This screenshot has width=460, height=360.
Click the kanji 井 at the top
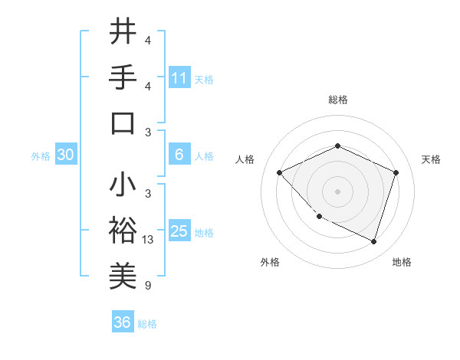[x=123, y=32]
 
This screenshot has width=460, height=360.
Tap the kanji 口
[x=123, y=123]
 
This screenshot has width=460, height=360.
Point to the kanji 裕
[x=123, y=231]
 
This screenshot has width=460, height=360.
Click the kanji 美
[x=123, y=276]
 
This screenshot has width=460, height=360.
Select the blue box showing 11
[x=179, y=77]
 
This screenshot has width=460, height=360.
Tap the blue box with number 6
[x=179, y=155]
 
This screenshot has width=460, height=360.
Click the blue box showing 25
[x=179, y=231]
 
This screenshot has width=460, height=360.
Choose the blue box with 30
[x=66, y=155]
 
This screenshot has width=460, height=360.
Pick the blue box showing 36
[x=122, y=322]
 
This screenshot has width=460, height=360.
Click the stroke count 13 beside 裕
[x=148, y=240]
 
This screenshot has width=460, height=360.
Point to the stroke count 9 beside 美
[x=147, y=286]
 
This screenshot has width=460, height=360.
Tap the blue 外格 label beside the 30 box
[x=41, y=156]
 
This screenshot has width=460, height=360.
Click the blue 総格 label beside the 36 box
[x=147, y=324]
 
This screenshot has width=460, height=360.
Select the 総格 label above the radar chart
[x=337, y=100]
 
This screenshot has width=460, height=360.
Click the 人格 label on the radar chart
[x=245, y=159]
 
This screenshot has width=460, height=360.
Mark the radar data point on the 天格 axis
[x=396, y=172]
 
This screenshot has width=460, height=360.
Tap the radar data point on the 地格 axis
[x=373, y=241]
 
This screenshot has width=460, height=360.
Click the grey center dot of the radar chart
[x=337, y=191]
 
